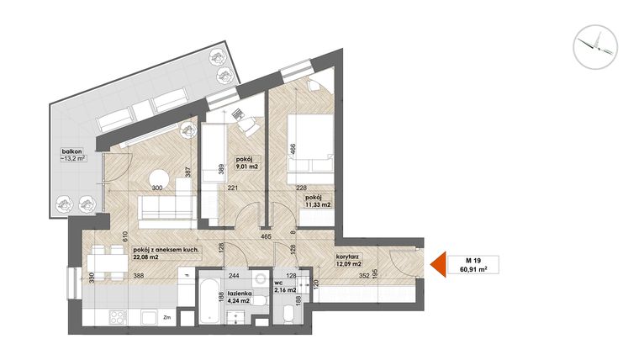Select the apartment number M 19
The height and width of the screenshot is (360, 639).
click(x=476, y=260)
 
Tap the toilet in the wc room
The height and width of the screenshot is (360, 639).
click(x=288, y=317)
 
